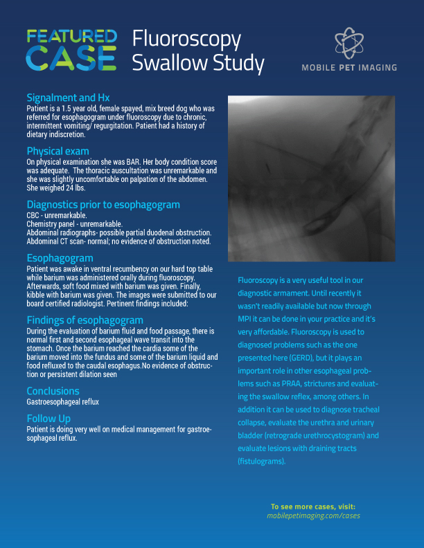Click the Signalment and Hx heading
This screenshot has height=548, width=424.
tap(68, 98)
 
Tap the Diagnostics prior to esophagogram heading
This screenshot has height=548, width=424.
tap(103, 204)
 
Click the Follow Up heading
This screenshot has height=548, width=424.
tap(48, 418)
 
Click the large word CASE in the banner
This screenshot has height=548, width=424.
tap(71, 60)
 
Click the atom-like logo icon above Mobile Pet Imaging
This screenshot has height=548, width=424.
tap(348, 44)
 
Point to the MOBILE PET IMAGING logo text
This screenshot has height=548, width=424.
tap(348, 68)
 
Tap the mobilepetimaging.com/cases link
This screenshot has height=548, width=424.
tap(313, 515)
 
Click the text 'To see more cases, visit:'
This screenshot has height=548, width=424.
tap(313, 506)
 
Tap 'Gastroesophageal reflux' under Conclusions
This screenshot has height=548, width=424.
tap(64, 401)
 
